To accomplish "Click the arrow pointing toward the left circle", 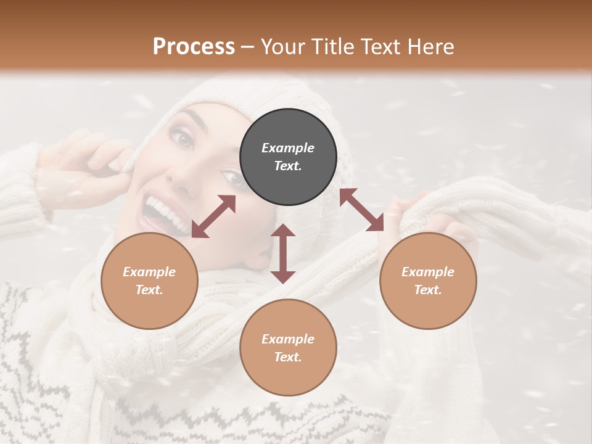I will pyautogui.click(x=213, y=216).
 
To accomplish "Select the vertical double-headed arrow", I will pyautogui.click(x=283, y=253).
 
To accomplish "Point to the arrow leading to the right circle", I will pyautogui.click(x=361, y=210).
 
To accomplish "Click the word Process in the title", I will pyautogui.click(x=194, y=47).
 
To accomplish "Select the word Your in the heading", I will pyautogui.click(x=283, y=47).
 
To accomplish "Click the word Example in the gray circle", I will pyautogui.click(x=288, y=148).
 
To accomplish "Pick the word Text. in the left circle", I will pyautogui.click(x=149, y=290).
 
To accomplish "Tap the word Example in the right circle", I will pyautogui.click(x=428, y=272).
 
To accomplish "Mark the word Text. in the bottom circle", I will pyautogui.click(x=288, y=357).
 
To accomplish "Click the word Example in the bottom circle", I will pyautogui.click(x=288, y=339).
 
